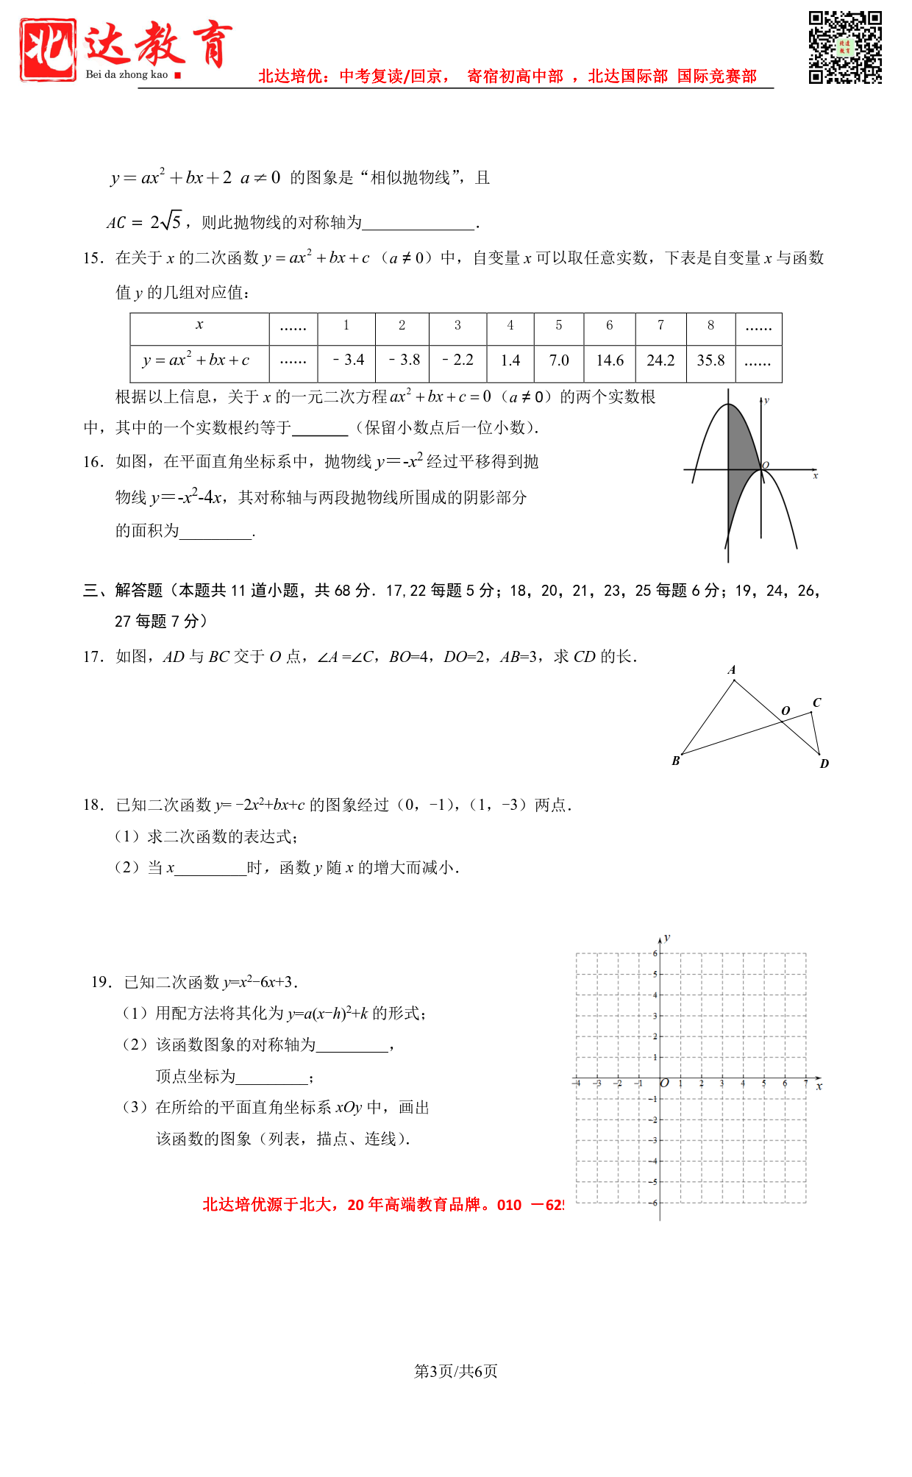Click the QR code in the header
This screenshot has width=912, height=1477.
(844, 47)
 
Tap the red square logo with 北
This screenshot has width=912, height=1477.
(48, 49)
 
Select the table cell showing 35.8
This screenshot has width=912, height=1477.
(710, 360)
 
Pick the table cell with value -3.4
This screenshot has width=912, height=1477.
(348, 360)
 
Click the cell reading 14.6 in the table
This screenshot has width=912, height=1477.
(610, 360)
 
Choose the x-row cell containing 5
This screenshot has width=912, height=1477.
(559, 325)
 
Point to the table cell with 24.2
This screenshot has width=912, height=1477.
(660, 360)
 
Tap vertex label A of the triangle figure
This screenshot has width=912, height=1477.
(732, 670)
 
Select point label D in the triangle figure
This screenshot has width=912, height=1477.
(824, 764)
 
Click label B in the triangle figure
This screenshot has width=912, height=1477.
(676, 761)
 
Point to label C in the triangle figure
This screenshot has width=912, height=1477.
(816, 702)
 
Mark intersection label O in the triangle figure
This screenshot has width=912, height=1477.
(785, 711)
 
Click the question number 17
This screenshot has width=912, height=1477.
(93, 657)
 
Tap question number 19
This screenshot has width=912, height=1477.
(101, 982)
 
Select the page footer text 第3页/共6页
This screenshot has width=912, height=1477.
(456, 1371)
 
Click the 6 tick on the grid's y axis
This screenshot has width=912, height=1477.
(655, 953)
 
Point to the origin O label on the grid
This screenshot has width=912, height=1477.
(665, 1083)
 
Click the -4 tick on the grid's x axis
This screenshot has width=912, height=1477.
(577, 1083)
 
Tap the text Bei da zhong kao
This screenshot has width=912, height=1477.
(127, 74)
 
